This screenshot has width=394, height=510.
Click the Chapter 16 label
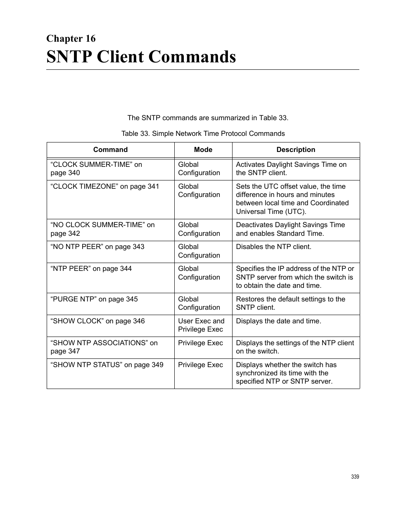click(x=71, y=39)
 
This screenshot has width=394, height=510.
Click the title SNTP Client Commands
click(x=141, y=57)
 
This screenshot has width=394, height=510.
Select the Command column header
click(x=110, y=150)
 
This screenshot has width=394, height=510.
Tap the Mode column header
click(x=203, y=150)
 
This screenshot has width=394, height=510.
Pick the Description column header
click(x=295, y=150)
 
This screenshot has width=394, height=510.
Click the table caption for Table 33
click(x=203, y=133)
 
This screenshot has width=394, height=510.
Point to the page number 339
click(x=355, y=477)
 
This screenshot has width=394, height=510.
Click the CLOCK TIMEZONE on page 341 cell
click(x=104, y=187)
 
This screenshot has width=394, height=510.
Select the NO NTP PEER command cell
click(x=97, y=247)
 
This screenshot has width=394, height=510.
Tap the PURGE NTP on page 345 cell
click(x=94, y=299)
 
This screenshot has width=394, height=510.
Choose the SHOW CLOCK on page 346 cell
click(x=97, y=321)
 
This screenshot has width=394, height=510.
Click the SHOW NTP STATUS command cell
click(x=107, y=365)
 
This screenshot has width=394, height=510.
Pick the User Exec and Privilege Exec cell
click(x=201, y=325)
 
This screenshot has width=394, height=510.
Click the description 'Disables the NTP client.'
click(x=273, y=247)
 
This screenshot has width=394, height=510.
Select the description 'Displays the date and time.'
click(x=278, y=321)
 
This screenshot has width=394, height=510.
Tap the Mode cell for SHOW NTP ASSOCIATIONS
click(x=200, y=343)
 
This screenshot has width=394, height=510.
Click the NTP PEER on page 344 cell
click(x=91, y=269)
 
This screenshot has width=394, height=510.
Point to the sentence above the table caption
click(x=208, y=118)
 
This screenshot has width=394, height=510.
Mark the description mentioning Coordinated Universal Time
click(x=292, y=199)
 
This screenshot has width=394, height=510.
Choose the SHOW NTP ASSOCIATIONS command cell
click(x=104, y=347)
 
